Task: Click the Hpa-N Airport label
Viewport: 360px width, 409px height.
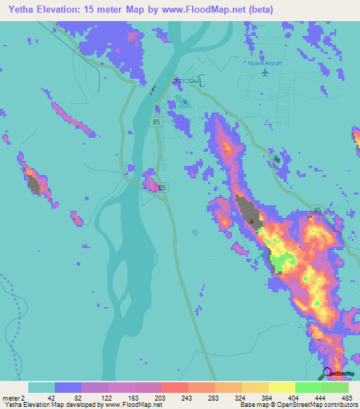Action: [x=265, y=62]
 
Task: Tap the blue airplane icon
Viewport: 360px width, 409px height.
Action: [x=265, y=72]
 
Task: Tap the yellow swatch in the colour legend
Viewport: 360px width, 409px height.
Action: [x=281, y=387]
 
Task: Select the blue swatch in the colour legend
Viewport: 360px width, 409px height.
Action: [x=68, y=387]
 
